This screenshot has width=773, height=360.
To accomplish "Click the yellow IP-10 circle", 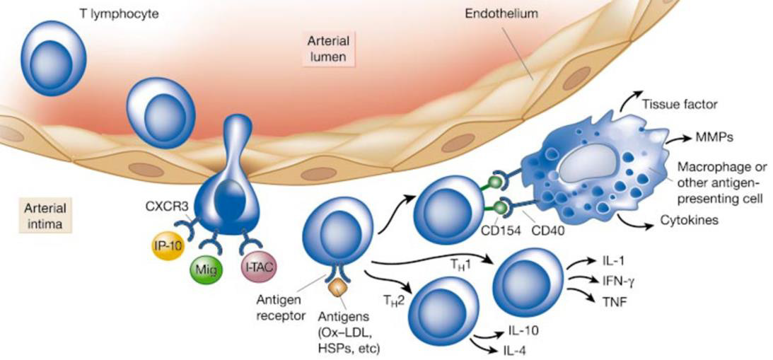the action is coord(167,245).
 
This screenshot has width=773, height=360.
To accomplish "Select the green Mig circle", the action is coord(207,269).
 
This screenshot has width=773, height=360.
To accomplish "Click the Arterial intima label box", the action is coord(45,216).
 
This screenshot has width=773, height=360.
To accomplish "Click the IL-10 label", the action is coord(521,330).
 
